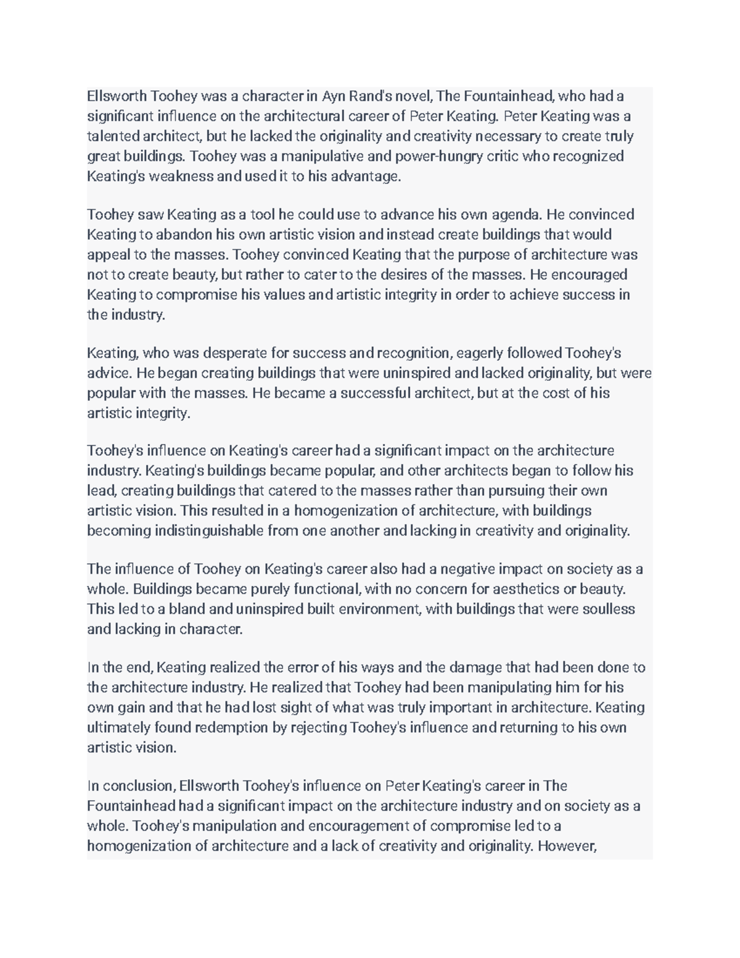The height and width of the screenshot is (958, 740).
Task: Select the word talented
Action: click(113, 136)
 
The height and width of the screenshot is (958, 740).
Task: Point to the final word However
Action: click(567, 846)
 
